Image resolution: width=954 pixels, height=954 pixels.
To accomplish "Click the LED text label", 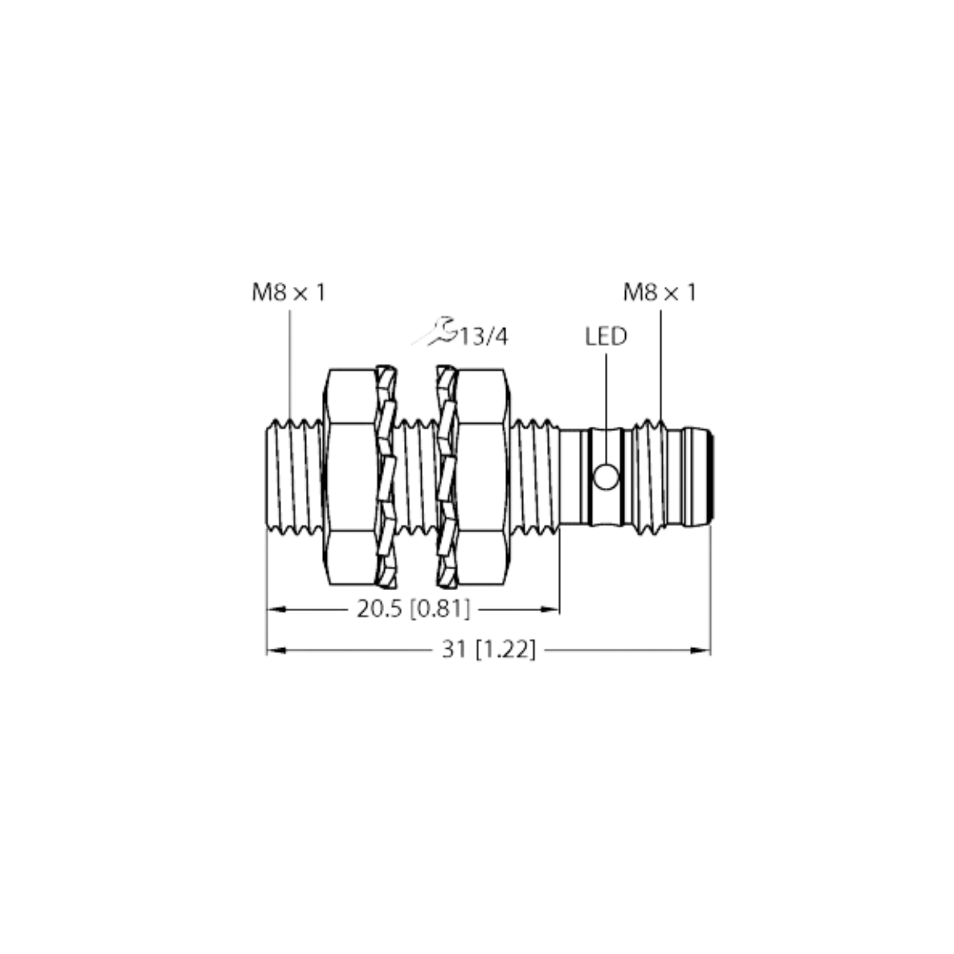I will point(605,336).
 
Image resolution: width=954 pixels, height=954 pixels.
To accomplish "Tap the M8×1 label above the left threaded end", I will point(287,293).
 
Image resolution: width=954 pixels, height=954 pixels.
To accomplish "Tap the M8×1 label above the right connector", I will point(660,293).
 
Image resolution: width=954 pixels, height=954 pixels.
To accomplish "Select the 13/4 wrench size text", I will point(487,337).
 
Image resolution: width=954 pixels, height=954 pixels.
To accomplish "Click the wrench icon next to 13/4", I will point(434,332).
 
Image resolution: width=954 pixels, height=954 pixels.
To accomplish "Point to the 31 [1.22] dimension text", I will point(488,650).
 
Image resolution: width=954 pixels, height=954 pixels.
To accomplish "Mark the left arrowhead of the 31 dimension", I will point(275,650).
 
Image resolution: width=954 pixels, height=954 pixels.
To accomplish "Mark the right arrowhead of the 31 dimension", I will point(700,650).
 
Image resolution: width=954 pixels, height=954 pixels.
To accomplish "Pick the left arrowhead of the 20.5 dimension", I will point(275,609).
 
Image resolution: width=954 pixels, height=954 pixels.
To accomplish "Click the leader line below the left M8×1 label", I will point(291,363).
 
